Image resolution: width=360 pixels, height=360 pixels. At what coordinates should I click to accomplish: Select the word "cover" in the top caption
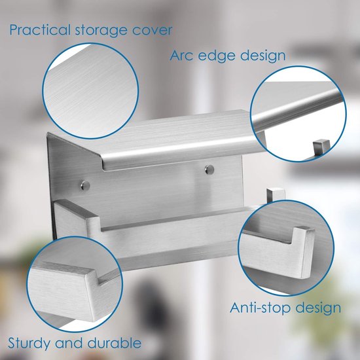[x=152, y=30]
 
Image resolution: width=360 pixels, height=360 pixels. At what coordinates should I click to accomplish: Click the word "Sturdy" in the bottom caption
[x=33, y=342]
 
